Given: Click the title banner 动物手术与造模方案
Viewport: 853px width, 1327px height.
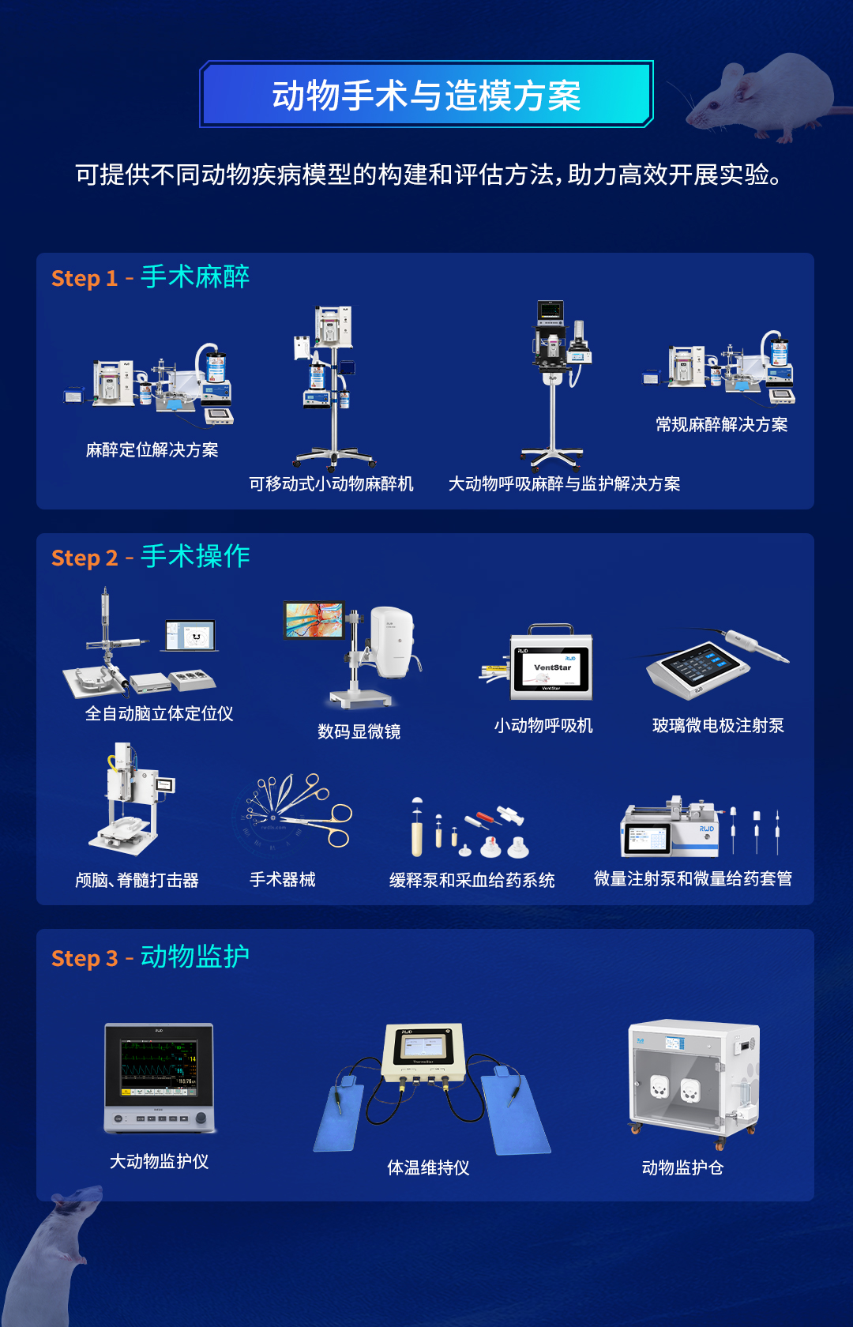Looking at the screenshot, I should click(426, 95).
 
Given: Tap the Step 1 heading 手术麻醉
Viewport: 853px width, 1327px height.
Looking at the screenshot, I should click(194, 276).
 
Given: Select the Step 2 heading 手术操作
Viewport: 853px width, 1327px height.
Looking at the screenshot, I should click(194, 556).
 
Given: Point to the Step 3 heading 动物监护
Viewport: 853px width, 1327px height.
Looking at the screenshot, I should click(194, 957).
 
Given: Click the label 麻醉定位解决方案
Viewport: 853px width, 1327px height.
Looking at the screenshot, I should click(152, 450).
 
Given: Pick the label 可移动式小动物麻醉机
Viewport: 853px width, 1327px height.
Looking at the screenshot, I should click(331, 483).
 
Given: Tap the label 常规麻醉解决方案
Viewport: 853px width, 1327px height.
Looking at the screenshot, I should click(721, 425).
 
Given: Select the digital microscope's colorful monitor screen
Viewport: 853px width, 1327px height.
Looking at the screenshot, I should click(314, 620).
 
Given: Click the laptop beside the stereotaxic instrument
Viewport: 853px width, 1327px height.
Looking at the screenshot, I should click(190, 636).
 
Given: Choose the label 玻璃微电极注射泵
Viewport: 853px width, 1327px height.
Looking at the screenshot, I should click(718, 726).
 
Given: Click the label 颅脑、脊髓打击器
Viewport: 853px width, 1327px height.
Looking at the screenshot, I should click(137, 880).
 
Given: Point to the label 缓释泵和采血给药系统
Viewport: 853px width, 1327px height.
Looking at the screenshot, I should click(472, 880).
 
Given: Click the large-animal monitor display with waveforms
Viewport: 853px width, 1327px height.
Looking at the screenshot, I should click(159, 1068).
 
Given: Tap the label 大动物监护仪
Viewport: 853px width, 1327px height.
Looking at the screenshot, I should click(159, 1161).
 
